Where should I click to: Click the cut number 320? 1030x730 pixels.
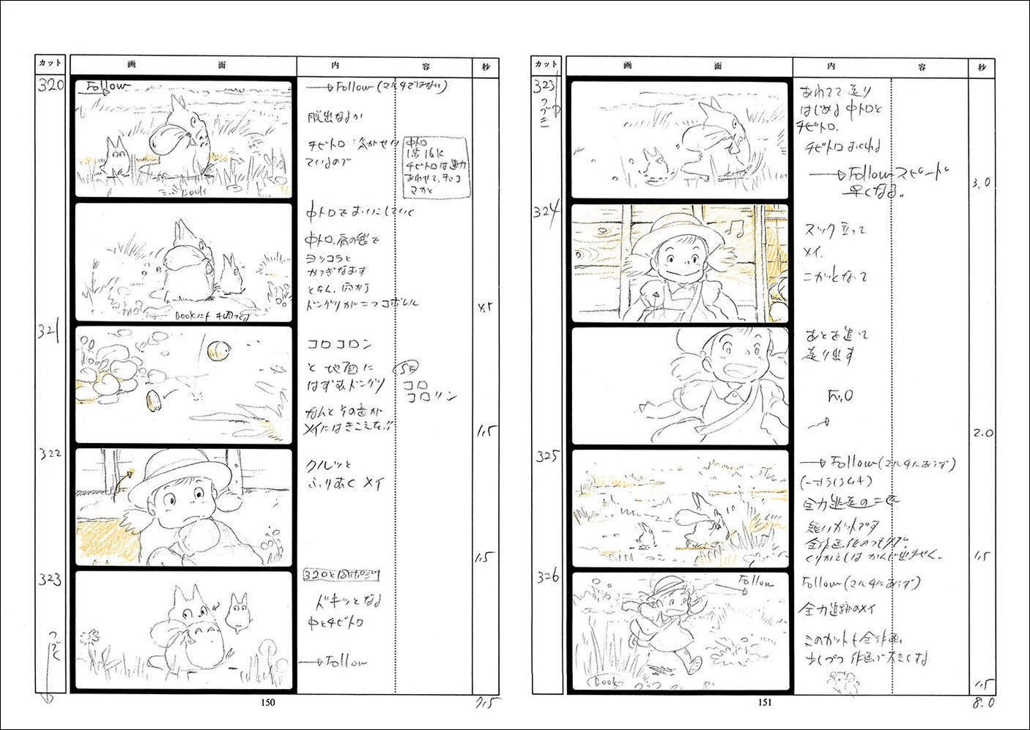click(51, 85)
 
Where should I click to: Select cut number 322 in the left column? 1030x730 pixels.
click(50, 454)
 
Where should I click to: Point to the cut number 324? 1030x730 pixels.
click(546, 212)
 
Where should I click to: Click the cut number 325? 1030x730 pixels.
click(547, 457)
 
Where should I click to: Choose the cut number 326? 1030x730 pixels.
click(547, 577)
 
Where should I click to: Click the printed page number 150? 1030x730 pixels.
click(268, 703)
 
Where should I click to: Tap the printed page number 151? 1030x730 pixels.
click(764, 703)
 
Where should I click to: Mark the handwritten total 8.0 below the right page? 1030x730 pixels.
click(983, 703)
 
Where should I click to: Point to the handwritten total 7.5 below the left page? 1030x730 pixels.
click(487, 704)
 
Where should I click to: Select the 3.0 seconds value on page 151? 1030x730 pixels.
click(982, 183)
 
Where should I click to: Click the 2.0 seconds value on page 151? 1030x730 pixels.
click(983, 433)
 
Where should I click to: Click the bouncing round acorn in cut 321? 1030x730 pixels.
click(218, 352)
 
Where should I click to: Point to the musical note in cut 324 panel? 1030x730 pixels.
click(735, 230)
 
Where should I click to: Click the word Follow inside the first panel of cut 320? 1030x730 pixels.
click(107, 87)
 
